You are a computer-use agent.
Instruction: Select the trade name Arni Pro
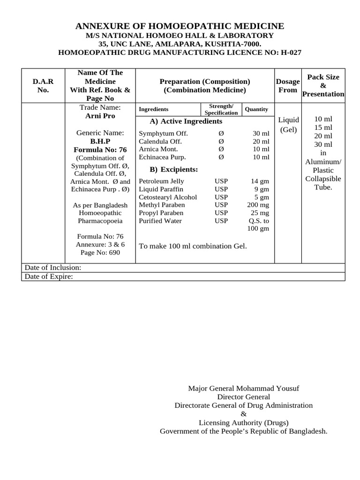(100, 116)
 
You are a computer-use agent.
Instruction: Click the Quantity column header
(256, 109)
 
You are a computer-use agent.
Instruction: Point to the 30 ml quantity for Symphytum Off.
(261, 134)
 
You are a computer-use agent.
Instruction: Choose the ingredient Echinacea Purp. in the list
(162, 157)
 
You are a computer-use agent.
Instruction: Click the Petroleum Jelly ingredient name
(162, 181)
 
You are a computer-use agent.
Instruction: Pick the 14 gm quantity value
(260, 181)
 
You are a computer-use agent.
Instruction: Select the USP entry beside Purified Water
(221, 221)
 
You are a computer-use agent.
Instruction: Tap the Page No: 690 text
(100, 253)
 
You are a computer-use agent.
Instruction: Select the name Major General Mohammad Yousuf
(243, 389)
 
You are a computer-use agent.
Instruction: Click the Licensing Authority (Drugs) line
(243, 422)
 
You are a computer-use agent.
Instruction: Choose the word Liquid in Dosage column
(288, 120)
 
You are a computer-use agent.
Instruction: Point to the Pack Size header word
(323, 77)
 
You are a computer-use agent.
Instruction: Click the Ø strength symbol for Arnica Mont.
(221, 149)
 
